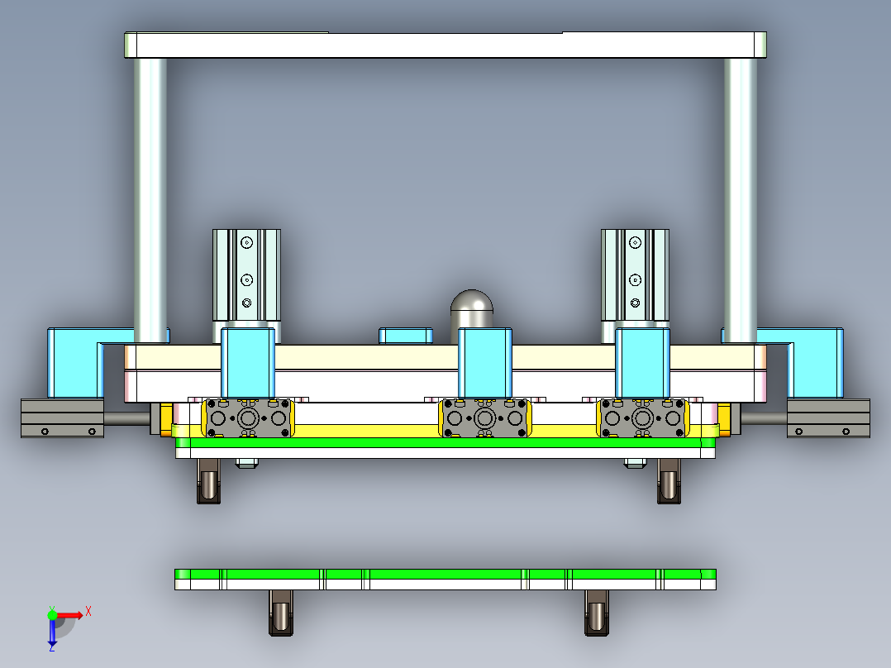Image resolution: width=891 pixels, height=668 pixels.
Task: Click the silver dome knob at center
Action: [472, 309]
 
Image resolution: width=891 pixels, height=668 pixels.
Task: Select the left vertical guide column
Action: [150, 198]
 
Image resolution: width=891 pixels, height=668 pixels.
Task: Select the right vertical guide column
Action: [740, 198]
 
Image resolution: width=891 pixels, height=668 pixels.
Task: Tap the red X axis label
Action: [88, 612]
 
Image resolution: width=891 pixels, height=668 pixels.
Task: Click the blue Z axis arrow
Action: [52, 635]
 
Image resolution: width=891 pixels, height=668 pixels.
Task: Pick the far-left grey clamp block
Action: [62, 418]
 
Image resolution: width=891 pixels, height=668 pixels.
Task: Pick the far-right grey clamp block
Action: [828, 418]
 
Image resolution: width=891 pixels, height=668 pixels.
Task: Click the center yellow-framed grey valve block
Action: [485, 417]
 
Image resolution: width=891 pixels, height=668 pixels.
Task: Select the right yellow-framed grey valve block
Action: [643, 417]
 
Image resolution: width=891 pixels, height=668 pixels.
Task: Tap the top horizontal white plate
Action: [445, 45]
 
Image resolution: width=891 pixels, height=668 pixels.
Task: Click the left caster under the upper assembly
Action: [209, 481]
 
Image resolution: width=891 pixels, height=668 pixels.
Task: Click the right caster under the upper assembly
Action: [669, 481]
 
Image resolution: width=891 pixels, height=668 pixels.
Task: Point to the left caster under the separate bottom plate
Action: [281, 613]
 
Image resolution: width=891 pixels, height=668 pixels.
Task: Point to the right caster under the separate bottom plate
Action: [596, 613]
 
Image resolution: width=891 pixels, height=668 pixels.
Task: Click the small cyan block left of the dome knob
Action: [405, 336]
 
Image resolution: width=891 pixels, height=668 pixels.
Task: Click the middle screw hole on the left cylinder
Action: [246, 279]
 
